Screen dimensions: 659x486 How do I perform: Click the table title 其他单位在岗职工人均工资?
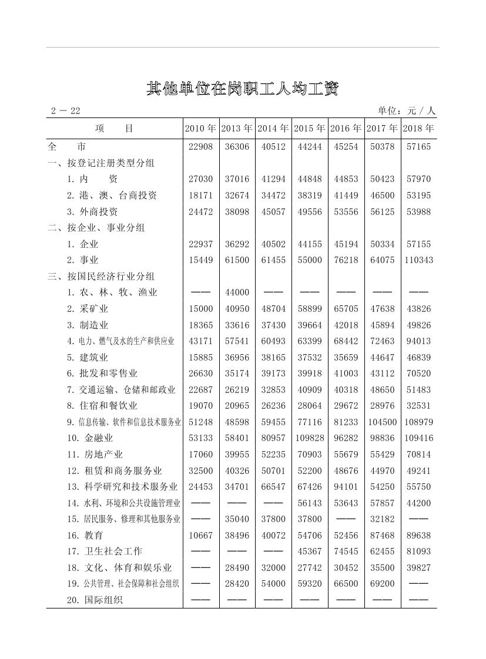click(x=242, y=89)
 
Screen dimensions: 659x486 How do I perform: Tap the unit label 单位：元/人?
click(x=407, y=111)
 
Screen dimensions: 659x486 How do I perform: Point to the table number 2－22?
click(x=65, y=111)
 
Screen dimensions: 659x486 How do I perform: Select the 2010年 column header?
click(x=201, y=128)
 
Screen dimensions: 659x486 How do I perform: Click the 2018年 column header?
click(x=419, y=128)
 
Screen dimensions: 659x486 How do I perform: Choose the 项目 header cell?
click(x=114, y=128)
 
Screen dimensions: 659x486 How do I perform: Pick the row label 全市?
click(x=66, y=147)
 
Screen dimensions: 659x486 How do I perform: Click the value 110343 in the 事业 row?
click(x=419, y=260)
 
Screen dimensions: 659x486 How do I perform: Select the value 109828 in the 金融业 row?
click(x=310, y=438)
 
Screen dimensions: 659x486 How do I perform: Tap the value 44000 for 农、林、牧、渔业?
click(x=237, y=292)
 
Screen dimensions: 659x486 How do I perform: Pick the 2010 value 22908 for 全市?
click(x=201, y=147)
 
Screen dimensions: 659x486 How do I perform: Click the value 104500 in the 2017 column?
click(x=382, y=422)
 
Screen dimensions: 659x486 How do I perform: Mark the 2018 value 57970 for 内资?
click(x=419, y=179)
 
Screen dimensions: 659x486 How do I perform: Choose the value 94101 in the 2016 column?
click(x=346, y=486)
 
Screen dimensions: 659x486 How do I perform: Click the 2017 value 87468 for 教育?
click(x=382, y=535)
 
